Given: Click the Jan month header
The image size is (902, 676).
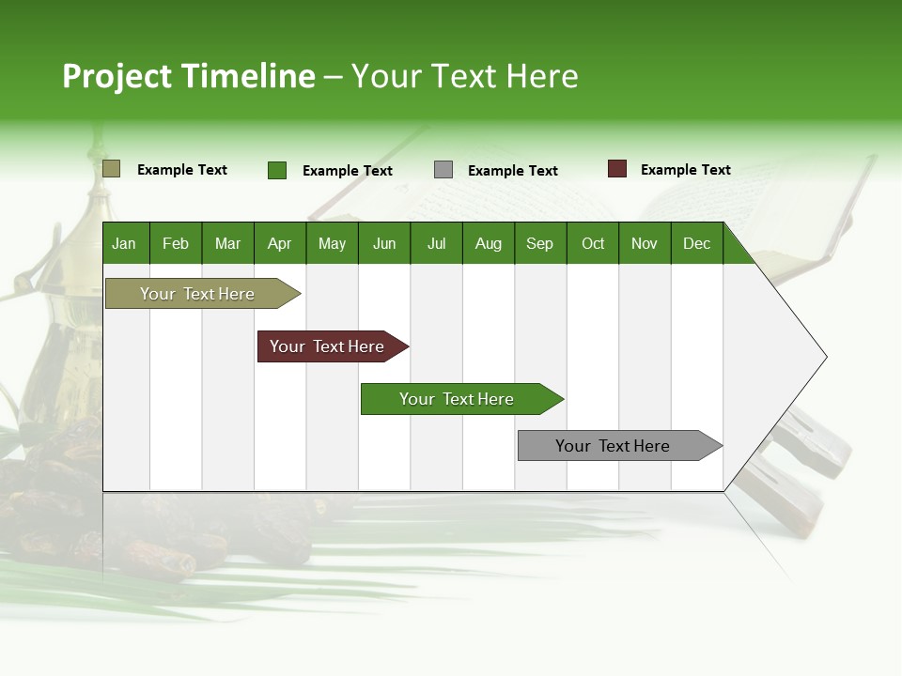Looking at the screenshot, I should [124, 243].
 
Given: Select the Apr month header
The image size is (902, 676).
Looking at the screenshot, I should [279, 243].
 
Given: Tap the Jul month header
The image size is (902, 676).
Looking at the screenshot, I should [436, 243].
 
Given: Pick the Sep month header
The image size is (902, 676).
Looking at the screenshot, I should [539, 243].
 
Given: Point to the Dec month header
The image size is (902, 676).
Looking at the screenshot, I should [696, 243].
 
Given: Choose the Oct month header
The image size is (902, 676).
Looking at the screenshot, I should [593, 243].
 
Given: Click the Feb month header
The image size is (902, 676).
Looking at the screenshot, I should [176, 243].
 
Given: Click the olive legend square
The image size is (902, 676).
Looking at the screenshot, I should [111, 169].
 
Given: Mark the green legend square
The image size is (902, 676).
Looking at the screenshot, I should [276, 170].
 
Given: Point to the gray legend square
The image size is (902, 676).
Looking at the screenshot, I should [443, 170].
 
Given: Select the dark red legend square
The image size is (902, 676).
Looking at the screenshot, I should [616, 169].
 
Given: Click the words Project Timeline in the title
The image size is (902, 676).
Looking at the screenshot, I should [188, 76].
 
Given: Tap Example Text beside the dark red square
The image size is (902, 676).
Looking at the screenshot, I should [685, 170].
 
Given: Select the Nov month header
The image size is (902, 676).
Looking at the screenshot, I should [645, 243].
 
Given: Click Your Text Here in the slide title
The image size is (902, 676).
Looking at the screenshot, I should [464, 76].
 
